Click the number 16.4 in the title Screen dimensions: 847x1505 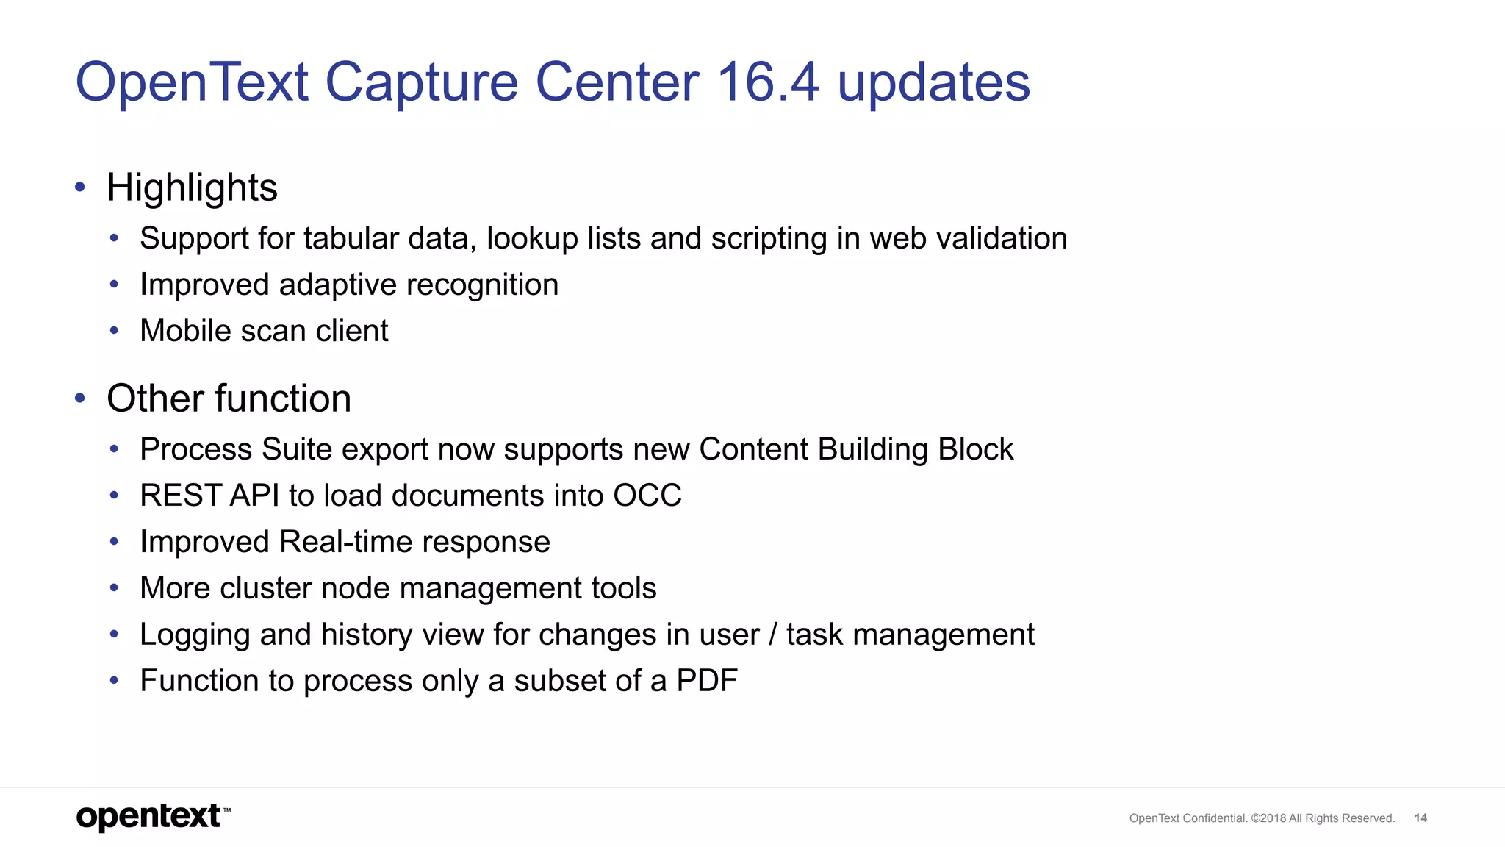(x=767, y=82)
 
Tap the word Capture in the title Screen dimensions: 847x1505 (x=421, y=83)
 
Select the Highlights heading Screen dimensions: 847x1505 (x=192, y=188)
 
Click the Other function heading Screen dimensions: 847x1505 (x=229, y=399)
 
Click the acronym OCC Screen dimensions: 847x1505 (x=647, y=496)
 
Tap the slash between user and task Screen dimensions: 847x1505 (x=772, y=635)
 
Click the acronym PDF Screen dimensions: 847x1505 (x=707, y=681)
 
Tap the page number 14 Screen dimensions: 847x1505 (x=1420, y=818)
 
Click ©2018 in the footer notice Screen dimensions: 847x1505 (x=1268, y=818)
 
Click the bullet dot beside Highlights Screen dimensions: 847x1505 (x=80, y=187)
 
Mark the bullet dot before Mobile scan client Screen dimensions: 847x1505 (x=114, y=331)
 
